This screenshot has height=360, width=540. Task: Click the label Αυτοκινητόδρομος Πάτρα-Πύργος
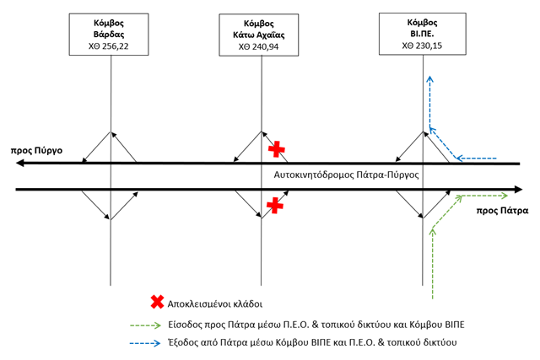[346, 175]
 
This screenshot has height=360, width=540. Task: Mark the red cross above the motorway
[277, 149]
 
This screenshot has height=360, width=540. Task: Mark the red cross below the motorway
[274, 205]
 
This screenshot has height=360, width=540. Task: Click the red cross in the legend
[156, 301]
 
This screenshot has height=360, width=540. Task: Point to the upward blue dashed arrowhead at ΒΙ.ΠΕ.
[429, 78]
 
